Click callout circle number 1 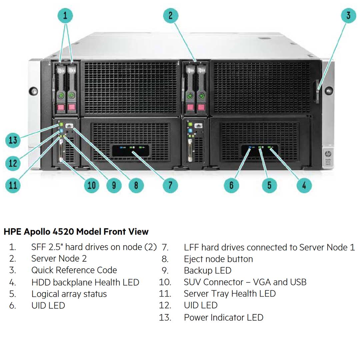pyautogui.click(x=65, y=15)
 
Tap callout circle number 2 pyautogui.click(x=171, y=15)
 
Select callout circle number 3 pyautogui.click(x=348, y=15)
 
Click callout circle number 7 pyautogui.click(x=170, y=185)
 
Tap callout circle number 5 pyautogui.click(x=269, y=185)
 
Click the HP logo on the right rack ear pyautogui.click(x=327, y=154)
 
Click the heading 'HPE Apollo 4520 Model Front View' pyautogui.click(x=76, y=231)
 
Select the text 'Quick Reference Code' pyautogui.click(x=74, y=270)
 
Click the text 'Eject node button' pyautogui.click(x=218, y=259)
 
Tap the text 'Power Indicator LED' pyautogui.click(x=223, y=317)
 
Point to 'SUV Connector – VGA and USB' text pyautogui.click(x=245, y=282)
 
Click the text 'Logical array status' pyautogui.click(x=69, y=294)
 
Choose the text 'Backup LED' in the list pyautogui.click(x=207, y=270)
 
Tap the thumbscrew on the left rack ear pyautogui.click(x=33, y=91)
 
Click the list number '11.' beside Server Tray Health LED pyautogui.click(x=165, y=294)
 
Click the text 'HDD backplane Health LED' pyautogui.click(x=85, y=282)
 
